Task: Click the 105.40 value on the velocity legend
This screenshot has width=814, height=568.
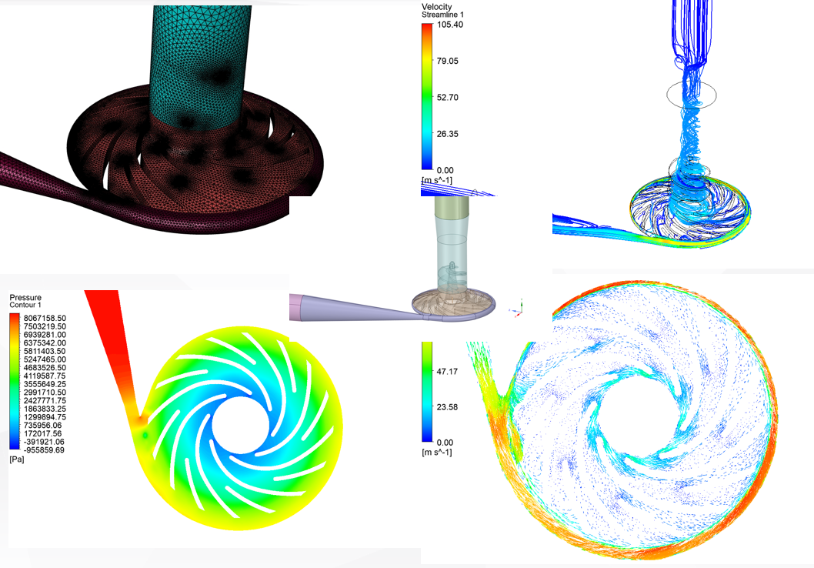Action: [449, 25]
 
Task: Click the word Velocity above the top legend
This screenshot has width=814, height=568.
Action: [437, 6]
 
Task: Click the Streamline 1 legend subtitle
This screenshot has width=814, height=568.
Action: [442, 15]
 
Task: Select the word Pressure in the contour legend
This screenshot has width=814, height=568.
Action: [25, 297]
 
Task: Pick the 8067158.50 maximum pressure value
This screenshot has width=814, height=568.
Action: [45, 316]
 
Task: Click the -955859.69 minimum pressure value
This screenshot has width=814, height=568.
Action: [45, 450]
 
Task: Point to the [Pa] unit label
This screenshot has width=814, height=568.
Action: [16, 459]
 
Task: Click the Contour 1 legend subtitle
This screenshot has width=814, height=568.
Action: [28, 306]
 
